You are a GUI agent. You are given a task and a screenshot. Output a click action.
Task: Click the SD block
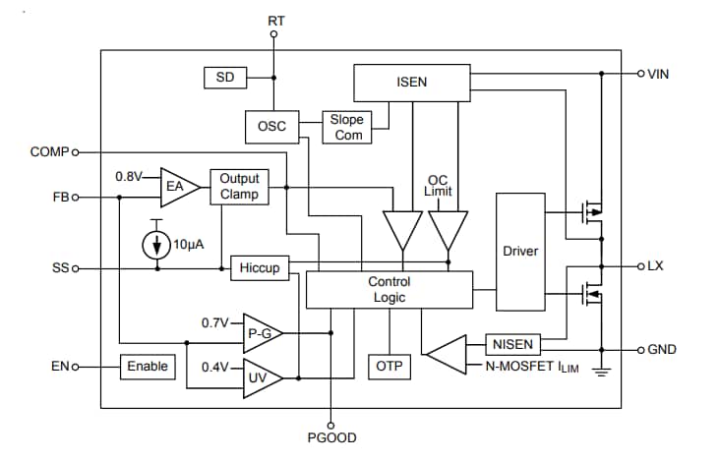click(225, 78)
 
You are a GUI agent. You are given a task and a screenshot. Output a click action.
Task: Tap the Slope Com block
click(348, 127)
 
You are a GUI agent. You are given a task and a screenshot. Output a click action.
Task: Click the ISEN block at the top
click(412, 82)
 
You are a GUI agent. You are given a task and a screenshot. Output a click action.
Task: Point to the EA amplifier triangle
click(177, 186)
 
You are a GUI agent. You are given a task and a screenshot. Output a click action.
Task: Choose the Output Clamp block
click(239, 186)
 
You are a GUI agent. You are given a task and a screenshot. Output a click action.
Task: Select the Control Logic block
click(389, 289)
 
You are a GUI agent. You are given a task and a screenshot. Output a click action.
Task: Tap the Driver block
click(520, 251)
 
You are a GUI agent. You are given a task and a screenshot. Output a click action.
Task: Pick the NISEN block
click(512, 344)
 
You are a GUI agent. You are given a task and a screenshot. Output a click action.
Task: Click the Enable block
click(148, 367)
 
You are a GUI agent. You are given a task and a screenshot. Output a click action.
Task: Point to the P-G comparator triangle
click(261, 334)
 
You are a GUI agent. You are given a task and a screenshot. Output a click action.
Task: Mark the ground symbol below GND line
click(601, 373)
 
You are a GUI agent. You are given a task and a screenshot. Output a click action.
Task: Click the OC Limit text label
click(439, 186)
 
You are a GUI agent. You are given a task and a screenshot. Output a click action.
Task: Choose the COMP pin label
click(49, 152)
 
